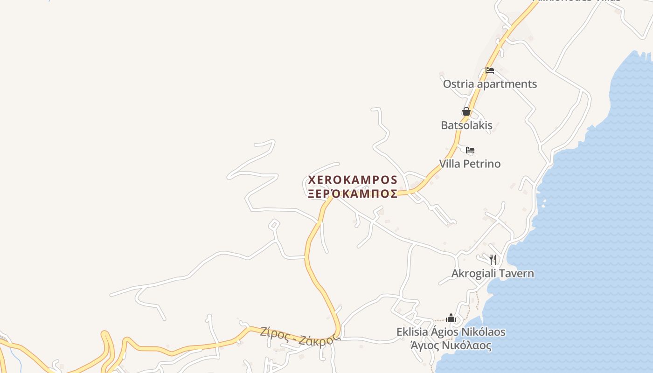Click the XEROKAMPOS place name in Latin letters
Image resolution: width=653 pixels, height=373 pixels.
353,180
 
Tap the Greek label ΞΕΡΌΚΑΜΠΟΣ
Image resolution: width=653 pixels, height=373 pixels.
353,194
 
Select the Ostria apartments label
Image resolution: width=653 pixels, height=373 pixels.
490,84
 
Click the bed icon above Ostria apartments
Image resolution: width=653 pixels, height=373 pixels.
490,70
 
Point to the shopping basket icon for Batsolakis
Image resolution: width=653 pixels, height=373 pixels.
466,111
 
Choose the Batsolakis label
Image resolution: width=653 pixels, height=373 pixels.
466,125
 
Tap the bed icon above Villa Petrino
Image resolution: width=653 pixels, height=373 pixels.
470,150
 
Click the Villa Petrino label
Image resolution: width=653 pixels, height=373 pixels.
470,164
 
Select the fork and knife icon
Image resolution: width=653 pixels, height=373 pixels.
493,259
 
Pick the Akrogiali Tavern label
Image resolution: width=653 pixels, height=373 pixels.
493,273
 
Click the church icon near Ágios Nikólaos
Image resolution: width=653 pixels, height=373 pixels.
451,318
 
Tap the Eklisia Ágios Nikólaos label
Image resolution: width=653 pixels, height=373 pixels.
451,332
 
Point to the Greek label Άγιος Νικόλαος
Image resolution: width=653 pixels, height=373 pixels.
451,346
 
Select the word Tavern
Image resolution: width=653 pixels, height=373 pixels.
516,273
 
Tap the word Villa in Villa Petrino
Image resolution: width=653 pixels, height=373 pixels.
449,164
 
